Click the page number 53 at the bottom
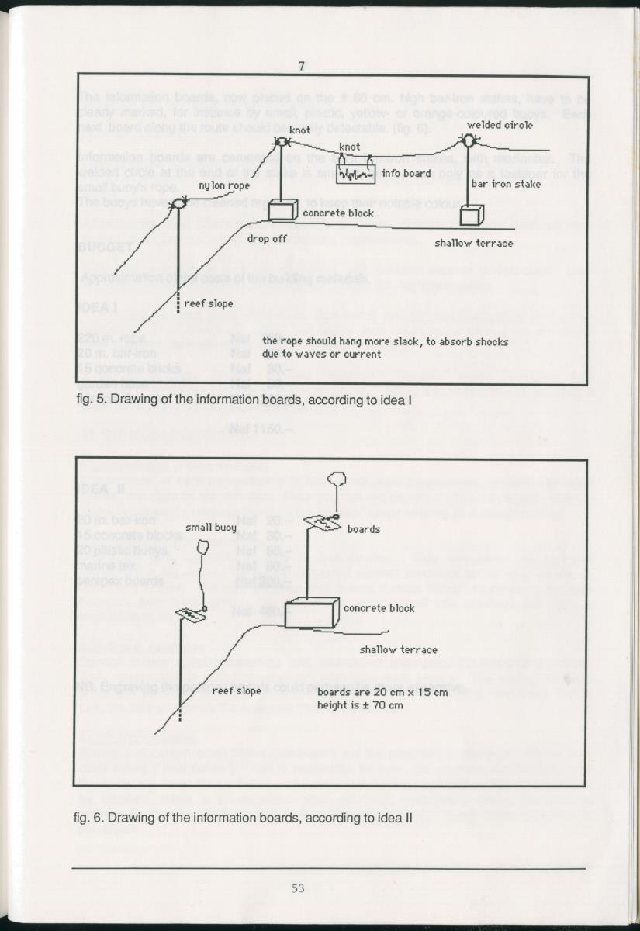coord(298,888)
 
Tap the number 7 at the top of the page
coord(301,66)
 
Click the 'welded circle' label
coord(500,125)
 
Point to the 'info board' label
coord(406,174)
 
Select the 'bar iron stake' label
coord(506,185)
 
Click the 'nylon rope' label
coord(224,185)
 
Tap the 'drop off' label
coord(268,239)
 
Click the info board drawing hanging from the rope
coord(356,174)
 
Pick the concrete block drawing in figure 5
coord(282,209)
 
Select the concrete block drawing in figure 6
coord(311,613)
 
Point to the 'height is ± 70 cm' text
coord(360,705)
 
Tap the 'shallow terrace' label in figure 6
coord(398,649)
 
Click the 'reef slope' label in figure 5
coord(209,304)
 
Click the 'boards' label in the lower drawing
coord(363,529)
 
